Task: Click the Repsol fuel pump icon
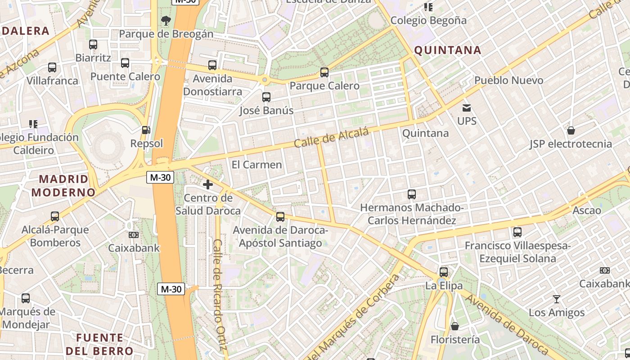click(x=146, y=130)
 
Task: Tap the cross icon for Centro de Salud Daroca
click(x=208, y=184)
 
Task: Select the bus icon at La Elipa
click(x=444, y=272)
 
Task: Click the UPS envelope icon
click(x=467, y=108)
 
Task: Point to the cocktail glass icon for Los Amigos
click(x=557, y=299)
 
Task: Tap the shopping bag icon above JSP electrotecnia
click(x=571, y=130)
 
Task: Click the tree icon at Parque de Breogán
click(x=166, y=20)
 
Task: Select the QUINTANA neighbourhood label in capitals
click(x=447, y=50)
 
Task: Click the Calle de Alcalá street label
click(x=331, y=137)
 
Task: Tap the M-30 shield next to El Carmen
click(x=160, y=177)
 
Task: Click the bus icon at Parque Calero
click(x=324, y=72)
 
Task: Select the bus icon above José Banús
click(x=266, y=97)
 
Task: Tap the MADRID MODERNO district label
click(x=63, y=185)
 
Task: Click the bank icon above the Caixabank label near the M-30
click(x=134, y=235)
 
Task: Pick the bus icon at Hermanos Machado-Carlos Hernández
click(x=412, y=194)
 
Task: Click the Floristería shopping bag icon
click(x=455, y=326)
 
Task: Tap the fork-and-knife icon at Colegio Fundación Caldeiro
click(x=33, y=124)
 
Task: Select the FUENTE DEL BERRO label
click(x=99, y=344)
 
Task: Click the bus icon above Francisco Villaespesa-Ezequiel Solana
click(x=517, y=232)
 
